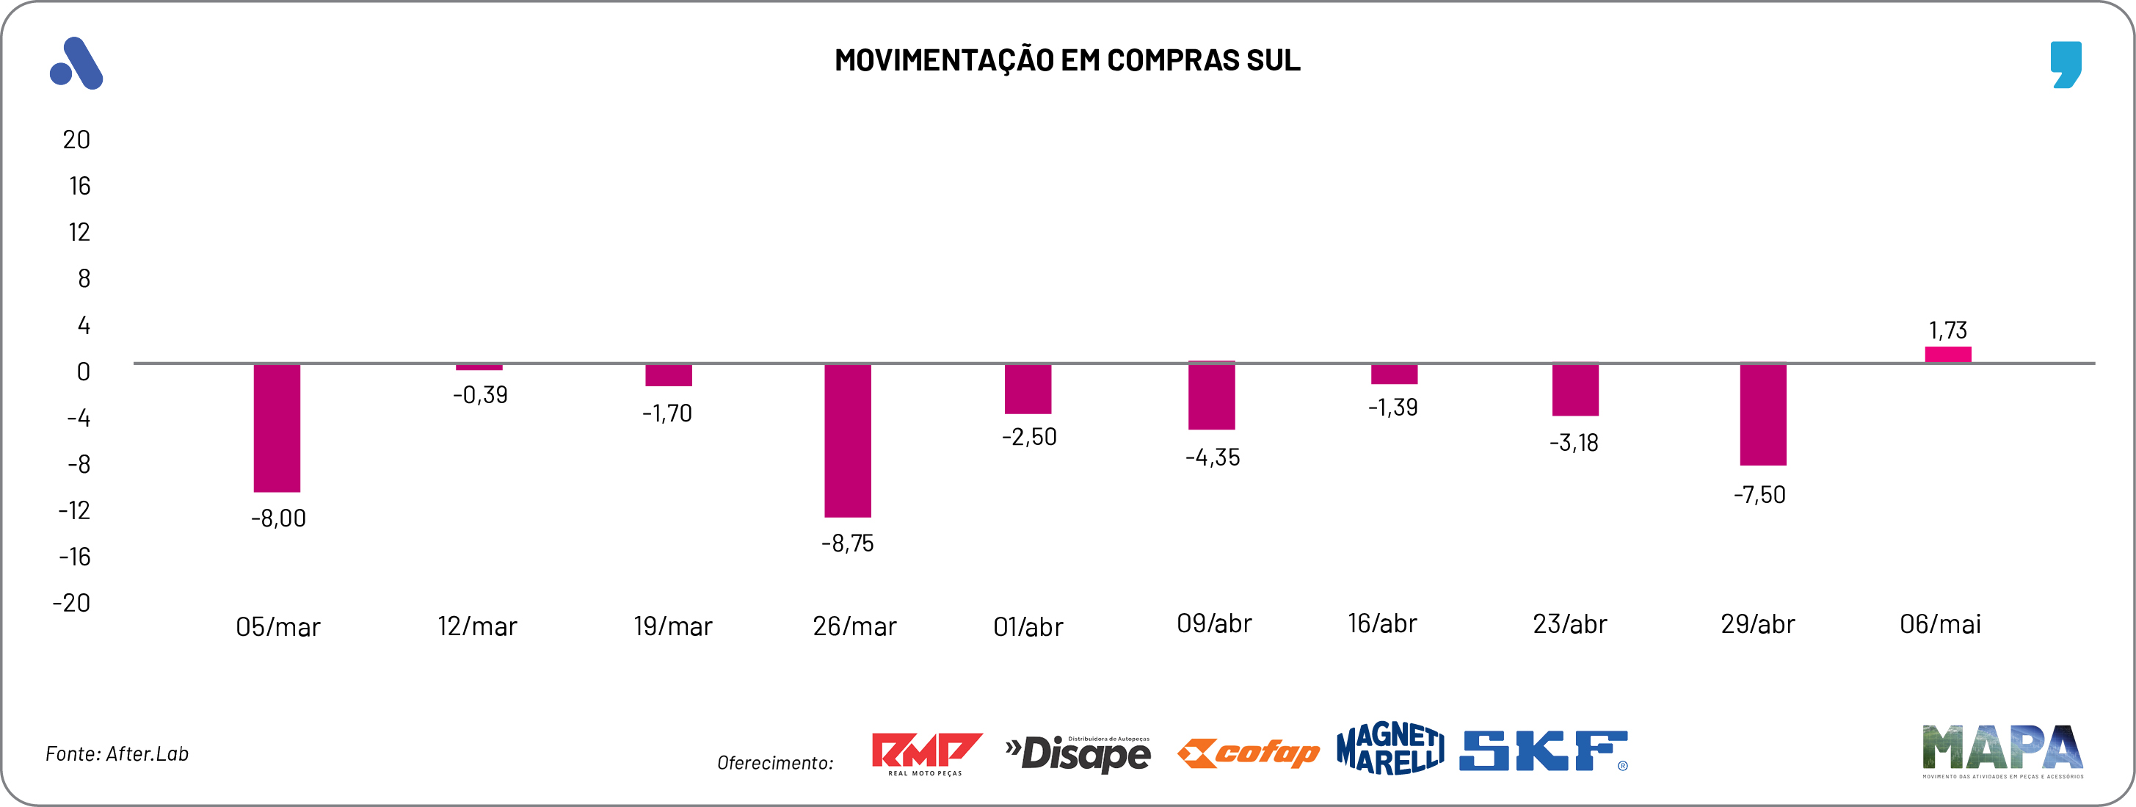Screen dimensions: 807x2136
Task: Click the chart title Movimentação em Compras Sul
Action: pyautogui.click(x=1067, y=59)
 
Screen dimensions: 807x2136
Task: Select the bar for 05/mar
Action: pyautogui.click(x=277, y=427)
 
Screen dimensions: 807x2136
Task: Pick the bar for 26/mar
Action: pyautogui.click(x=848, y=440)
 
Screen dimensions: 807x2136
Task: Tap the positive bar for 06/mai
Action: pyautogui.click(x=1948, y=355)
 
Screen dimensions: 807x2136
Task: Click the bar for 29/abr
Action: pyautogui.click(x=1763, y=414)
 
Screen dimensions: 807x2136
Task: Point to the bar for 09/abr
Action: pyautogui.click(x=1211, y=396)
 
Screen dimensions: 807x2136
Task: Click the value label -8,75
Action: pyautogui.click(x=848, y=543)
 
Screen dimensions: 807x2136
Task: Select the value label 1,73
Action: pyautogui.click(x=1948, y=330)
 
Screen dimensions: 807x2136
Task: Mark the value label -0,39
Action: pyautogui.click(x=480, y=395)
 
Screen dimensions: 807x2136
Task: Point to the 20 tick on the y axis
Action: pyautogui.click(x=76, y=140)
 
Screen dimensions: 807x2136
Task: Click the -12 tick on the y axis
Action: pyautogui.click(x=75, y=510)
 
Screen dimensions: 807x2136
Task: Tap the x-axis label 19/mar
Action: pyautogui.click(x=672, y=626)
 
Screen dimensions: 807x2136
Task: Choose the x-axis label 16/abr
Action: pyautogui.click(x=1382, y=623)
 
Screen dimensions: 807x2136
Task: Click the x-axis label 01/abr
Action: pyautogui.click(x=1028, y=627)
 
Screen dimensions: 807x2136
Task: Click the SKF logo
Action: pyautogui.click(x=1543, y=750)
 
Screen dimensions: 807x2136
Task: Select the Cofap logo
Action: pyautogui.click(x=1248, y=753)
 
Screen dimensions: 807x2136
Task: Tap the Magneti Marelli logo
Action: pyautogui.click(x=1390, y=748)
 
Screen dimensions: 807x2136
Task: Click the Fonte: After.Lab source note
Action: pyautogui.click(x=117, y=754)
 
